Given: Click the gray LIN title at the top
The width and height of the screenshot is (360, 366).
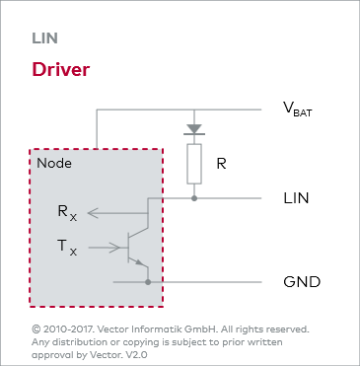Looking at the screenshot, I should click(44, 38).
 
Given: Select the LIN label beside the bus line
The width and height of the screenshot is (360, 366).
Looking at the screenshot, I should click(296, 199).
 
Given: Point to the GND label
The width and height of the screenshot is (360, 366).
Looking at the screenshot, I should click(300, 281).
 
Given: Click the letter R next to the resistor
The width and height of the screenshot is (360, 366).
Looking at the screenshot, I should click(221, 163).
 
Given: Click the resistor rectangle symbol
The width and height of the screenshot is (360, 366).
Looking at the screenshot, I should click(193, 164).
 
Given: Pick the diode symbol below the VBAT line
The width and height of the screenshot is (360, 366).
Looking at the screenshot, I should click(193, 128).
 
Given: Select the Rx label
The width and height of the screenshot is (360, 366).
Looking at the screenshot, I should click(66, 212).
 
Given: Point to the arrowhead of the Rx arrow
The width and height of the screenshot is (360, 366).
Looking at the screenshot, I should click(91, 211).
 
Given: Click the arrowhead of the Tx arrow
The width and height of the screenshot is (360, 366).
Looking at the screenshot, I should click(113, 246).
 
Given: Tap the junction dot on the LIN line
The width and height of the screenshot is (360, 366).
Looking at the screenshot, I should click(193, 198).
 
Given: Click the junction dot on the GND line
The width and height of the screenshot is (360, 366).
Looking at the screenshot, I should click(148, 281).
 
